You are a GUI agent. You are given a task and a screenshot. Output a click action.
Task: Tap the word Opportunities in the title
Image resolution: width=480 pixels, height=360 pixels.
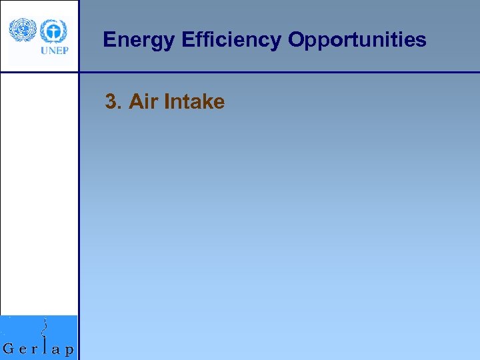(x=357, y=41)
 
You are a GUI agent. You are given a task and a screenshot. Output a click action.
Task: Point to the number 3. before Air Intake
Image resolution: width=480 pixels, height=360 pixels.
(x=113, y=102)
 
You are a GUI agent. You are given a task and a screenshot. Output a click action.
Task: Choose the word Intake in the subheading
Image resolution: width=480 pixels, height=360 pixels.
(x=194, y=102)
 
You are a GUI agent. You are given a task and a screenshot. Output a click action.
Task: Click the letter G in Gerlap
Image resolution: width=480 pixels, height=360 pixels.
(x=9, y=348)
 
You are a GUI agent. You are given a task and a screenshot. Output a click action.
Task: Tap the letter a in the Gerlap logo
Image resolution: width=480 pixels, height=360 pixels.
(x=58, y=349)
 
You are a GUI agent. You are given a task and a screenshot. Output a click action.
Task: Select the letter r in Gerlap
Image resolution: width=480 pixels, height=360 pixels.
(x=35, y=349)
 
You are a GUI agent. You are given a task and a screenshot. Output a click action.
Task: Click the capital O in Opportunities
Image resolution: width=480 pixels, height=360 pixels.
(x=296, y=40)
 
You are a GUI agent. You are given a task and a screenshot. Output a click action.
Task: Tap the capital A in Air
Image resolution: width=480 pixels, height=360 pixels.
(x=135, y=102)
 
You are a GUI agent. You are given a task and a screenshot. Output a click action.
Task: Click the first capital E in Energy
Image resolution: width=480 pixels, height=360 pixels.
(x=109, y=40)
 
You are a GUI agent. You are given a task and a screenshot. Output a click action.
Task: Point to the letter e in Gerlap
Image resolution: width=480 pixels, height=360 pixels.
(x=23, y=349)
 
